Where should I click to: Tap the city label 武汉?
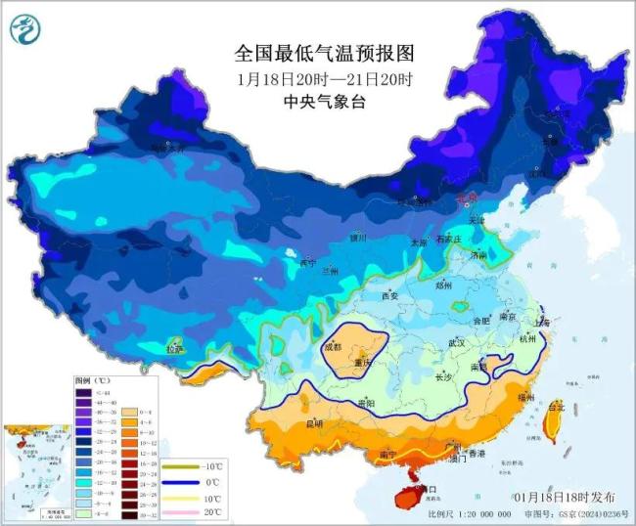click(x=456, y=343)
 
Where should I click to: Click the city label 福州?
click(x=554, y=398)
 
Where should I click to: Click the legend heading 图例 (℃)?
click(x=95, y=378)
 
